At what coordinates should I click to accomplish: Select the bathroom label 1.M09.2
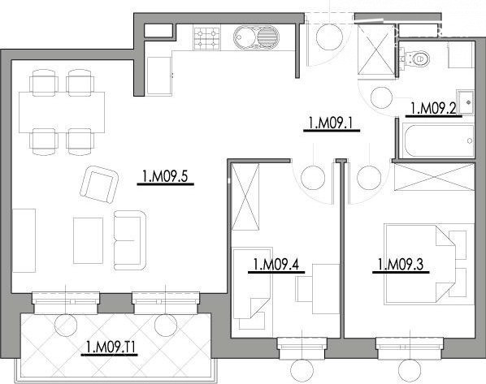point(433,109)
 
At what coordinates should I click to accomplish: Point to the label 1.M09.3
point(401,265)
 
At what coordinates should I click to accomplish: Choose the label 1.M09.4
point(276,265)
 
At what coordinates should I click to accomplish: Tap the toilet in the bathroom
point(414,58)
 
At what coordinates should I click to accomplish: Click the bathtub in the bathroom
point(438,140)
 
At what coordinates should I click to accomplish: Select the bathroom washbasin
point(466,102)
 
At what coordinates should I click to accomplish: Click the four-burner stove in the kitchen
point(206,38)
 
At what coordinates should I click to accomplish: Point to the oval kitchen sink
point(256,37)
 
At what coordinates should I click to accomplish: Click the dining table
point(62,112)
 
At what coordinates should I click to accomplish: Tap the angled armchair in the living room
point(99,184)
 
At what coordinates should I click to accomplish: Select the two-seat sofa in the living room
point(130,240)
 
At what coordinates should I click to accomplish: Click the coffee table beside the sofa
point(88,240)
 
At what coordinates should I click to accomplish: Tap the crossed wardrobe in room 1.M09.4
point(245,196)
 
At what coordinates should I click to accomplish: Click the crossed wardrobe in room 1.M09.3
point(434,177)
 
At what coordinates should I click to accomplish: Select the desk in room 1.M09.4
point(326,289)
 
